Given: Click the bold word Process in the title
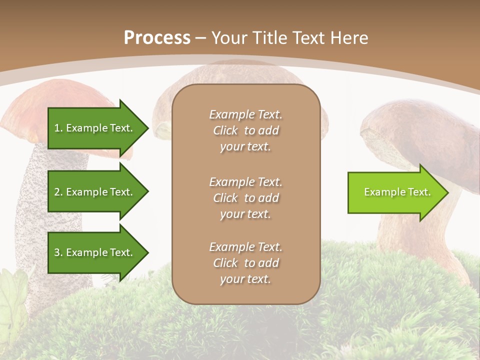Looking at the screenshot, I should [157, 38].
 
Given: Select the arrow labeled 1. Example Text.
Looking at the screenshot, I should [95, 128].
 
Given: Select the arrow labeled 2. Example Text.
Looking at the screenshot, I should [95, 192].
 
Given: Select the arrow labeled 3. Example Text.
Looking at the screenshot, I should [95, 252].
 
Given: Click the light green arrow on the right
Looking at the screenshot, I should [395, 192].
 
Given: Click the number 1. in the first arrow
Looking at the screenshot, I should [58, 128].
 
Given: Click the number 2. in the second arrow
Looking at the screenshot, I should [58, 192].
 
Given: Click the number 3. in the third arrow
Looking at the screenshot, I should [58, 253].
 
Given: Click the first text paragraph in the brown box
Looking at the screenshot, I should [245, 130].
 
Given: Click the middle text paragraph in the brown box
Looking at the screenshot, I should [245, 197].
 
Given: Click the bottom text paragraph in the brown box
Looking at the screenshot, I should [245, 263].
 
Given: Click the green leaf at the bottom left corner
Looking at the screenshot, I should [12, 300].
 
